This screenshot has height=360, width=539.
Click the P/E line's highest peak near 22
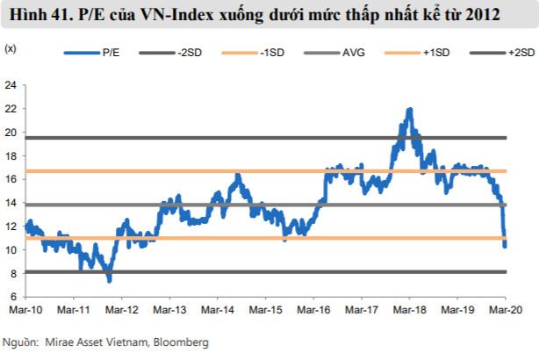tap(410, 109)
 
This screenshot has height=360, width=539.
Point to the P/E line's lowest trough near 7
tap(109, 281)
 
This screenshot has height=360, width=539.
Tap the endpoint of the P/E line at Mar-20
tap(505, 246)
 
